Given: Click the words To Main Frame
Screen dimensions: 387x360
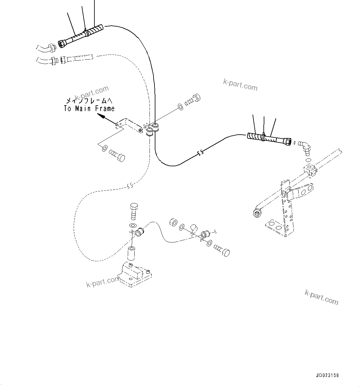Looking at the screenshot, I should pyautogui.click(x=89, y=109).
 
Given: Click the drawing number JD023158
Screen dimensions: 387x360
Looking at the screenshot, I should pyautogui.click(x=327, y=375).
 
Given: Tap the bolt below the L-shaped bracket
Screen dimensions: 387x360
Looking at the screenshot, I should pyautogui.click(x=117, y=155).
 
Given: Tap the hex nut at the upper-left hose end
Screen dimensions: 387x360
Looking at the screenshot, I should pyautogui.click(x=62, y=44).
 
